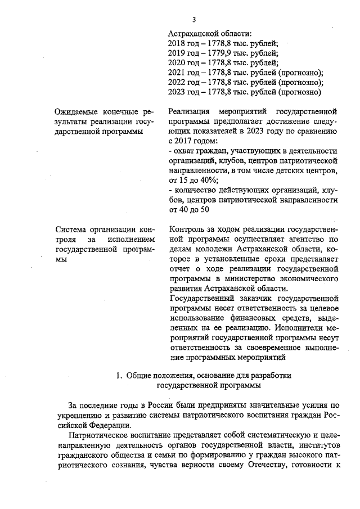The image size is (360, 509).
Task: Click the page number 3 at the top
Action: tap(194, 20)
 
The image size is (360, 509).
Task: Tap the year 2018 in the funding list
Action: tap(177, 43)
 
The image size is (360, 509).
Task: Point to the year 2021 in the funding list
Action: tap(177, 73)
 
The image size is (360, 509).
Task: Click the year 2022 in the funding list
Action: tap(177, 82)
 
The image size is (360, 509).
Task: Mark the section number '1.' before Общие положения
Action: tap(119, 376)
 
